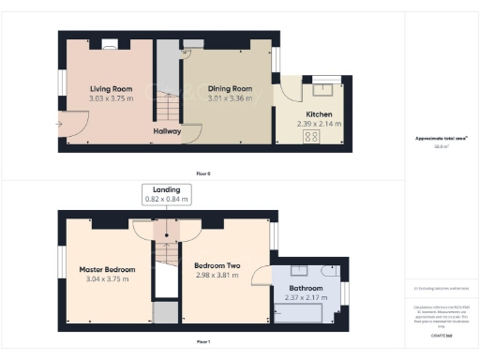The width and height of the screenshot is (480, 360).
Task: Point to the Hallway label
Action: click(x=167, y=132)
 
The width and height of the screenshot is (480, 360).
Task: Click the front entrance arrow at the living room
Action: click(x=60, y=122)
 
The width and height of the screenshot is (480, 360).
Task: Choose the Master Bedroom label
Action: click(x=107, y=269)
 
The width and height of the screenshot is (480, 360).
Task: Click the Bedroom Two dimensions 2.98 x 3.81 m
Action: click(x=211, y=276)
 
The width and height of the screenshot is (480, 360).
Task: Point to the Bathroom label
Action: click(x=306, y=288)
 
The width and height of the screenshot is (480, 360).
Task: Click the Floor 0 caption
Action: click(x=203, y=173)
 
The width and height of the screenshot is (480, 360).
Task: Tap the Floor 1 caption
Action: click(x=203, y=341)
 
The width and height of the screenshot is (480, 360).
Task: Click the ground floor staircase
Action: click(x=165, y=80)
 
